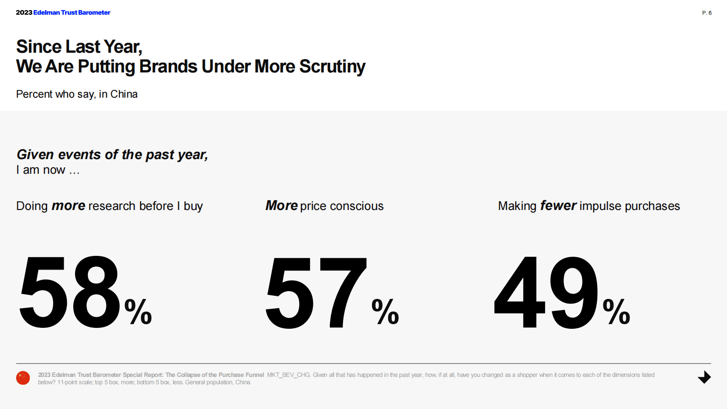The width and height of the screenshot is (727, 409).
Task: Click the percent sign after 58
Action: pos(138,311)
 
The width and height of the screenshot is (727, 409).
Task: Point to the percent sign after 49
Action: pos(616,311)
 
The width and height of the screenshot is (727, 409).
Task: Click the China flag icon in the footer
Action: pos(23,378)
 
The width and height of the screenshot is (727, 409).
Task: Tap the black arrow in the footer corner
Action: pos(704,377)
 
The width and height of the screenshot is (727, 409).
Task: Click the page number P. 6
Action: pos(706,13)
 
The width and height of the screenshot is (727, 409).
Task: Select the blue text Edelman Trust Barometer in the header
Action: pos(72,12)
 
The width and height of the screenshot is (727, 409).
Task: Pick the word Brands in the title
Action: pos(168,66)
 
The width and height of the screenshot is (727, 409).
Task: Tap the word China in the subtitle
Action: pos(124,94)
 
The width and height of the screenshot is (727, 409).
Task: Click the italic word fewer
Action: pos(558,205)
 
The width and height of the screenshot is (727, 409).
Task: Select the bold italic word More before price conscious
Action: pos(281,205)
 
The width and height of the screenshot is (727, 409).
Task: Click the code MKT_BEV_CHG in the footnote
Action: pos(288,375)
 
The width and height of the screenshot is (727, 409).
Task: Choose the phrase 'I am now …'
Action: pos(48,170)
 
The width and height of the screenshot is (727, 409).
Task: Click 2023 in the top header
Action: pos(24,12)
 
